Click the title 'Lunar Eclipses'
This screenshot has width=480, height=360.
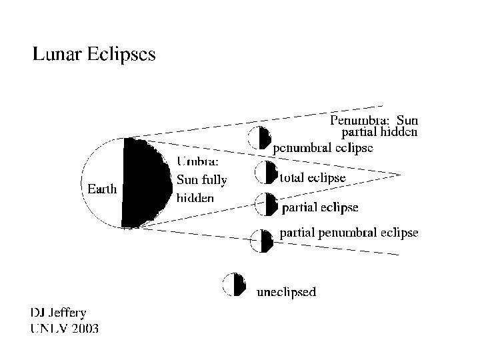click(94, 54)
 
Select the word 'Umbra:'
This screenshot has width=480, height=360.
click(198, 161)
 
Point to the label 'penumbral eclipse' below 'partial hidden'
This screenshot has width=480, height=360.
click(323, 147)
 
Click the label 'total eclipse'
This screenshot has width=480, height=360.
click(313, 178)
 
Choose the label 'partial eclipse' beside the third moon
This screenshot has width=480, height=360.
click(321, 208)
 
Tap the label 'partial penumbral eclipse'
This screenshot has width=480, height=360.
click(349, 233)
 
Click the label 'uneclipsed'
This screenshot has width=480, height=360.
click(287, 291)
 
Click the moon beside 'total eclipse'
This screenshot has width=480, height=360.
click(266, 173)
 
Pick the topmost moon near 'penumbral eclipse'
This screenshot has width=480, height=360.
click(260, 138)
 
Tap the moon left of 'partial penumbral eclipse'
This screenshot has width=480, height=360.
click(261, 240)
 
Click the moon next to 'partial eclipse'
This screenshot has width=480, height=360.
click(267, 204)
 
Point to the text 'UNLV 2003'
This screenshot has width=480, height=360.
click(64, 327)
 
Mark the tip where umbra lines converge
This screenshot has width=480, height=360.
click(400, 175)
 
